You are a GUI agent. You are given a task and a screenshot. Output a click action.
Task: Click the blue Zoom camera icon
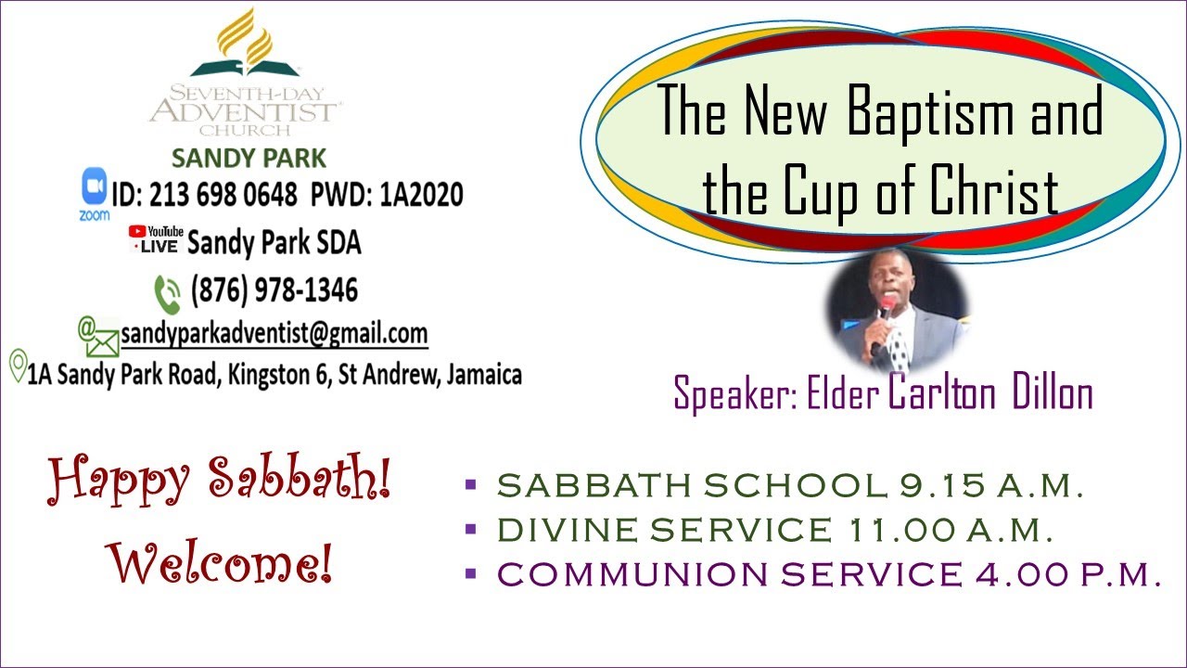[95, 188]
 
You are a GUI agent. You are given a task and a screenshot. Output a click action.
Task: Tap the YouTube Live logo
[156, 239]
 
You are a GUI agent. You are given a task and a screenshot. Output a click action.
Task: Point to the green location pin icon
[17, 366]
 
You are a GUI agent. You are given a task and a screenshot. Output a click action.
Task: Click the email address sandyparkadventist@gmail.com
[274, 333]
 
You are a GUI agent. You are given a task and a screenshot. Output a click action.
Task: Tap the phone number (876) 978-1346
[274, 290]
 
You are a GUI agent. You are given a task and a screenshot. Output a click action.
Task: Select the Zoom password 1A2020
[422, 195]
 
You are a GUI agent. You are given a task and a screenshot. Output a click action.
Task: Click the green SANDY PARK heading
[249, 158]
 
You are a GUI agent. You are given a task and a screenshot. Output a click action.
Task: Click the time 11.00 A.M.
[951, 530]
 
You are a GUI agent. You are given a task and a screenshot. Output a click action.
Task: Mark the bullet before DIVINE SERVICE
[470, 530]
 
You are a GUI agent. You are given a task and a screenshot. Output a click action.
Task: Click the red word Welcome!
[220, 562]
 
